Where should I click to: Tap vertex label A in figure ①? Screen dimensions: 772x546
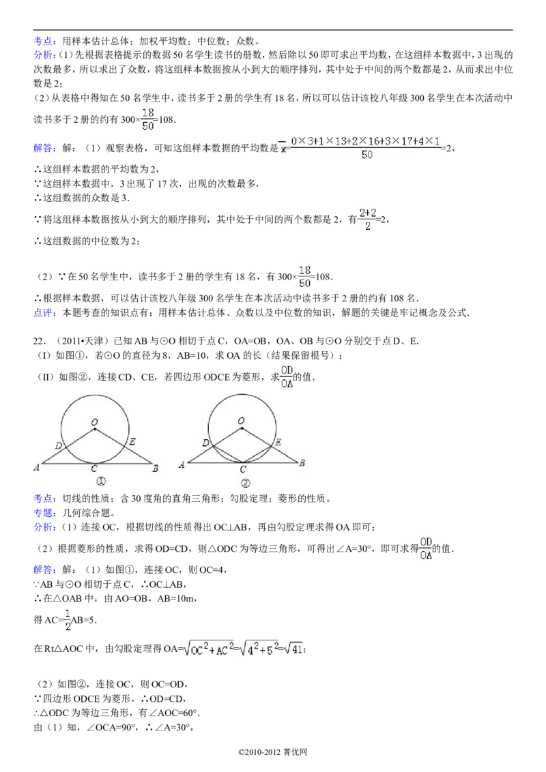[x=36, y=467]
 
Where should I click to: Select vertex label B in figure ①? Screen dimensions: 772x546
[x=156, y=468]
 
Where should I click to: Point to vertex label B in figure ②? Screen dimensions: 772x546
[x=302, y=464]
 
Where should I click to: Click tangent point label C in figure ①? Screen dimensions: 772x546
[x=94, y=469]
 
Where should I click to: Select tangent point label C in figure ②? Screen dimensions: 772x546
[x=242, y=470]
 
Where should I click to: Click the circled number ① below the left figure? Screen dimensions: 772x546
[x=100, y=481]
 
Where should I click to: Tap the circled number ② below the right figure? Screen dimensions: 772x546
[x=246, y=483]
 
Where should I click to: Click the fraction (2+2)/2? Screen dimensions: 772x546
[x=367, y=219]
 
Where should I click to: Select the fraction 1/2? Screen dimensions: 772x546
[x=67, y=619]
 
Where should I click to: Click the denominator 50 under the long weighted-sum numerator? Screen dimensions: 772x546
[x=367, y=156]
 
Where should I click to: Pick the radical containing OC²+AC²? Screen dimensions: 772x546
[x=208, y=650]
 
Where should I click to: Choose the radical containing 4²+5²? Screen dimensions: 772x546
[x=260, y=650]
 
